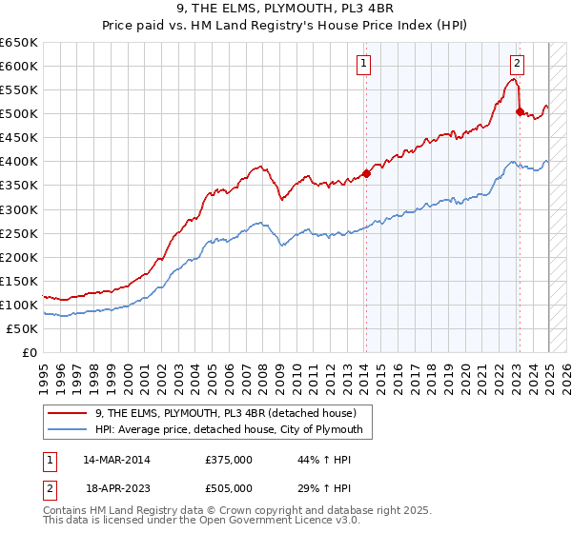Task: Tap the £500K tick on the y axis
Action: pyautogui.click(x=19, y=113)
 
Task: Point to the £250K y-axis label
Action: pyautogui.click(x=19, y=233)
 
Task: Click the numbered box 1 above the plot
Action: pyautogui.click(x=365, y=64)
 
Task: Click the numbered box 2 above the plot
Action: pyautogui.click(x=516, y=64)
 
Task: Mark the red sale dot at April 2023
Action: pyautogui.click(x=520, y=111)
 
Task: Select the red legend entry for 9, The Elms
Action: pyautogui.click(x=225, y=413)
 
